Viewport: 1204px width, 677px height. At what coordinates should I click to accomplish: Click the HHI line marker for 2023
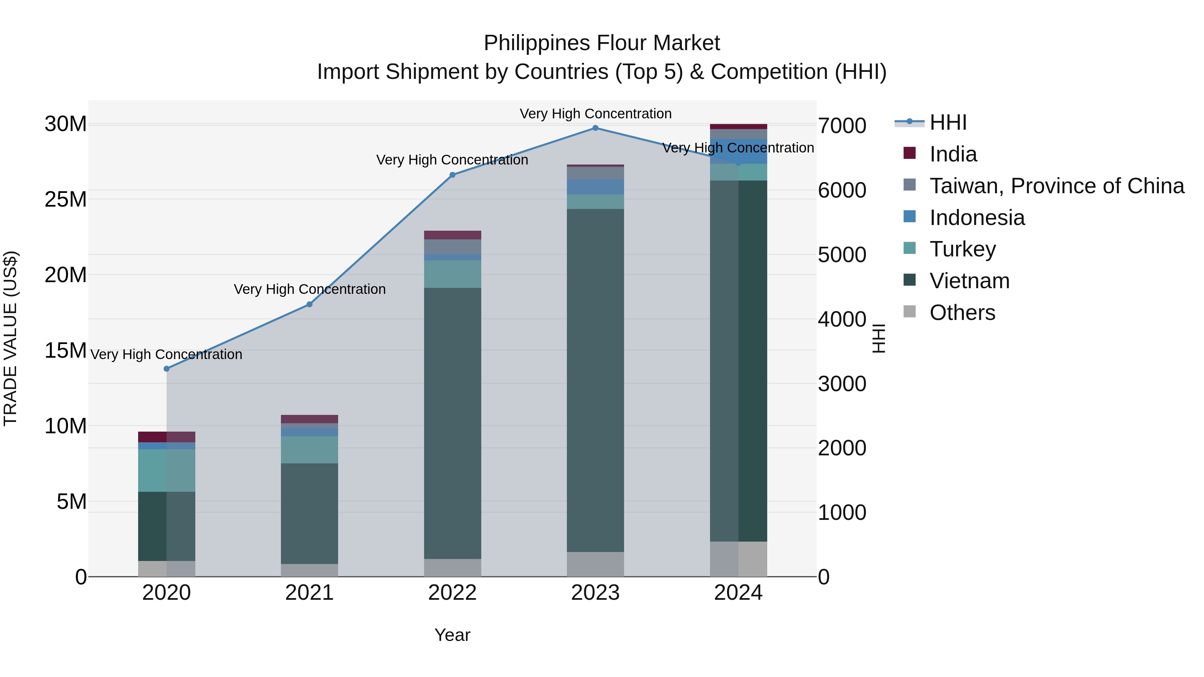(x=595, y=128)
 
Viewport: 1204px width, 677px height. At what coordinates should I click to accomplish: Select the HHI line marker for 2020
(x=167, y=369)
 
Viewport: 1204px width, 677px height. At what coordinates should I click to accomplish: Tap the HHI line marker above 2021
(x=309, y=304)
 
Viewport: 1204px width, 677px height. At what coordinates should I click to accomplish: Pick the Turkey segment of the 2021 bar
(x=309, y=449)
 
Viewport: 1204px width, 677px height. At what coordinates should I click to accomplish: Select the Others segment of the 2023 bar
(x=595, y=564)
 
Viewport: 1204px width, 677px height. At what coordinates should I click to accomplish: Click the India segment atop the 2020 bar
(x=167, y=437)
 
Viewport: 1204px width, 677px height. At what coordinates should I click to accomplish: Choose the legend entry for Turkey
(x=963, y=249)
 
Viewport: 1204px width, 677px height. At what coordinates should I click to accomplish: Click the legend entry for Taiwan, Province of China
(x=1056, y=186)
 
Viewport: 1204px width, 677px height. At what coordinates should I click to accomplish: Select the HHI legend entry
(x=948, y=122)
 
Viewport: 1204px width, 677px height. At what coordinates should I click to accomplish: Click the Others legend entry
(x=962, y=313)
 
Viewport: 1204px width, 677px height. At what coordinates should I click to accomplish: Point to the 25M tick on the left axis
(x=66, y=200)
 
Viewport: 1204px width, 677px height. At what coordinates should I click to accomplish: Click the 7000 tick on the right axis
(x=842, y=126)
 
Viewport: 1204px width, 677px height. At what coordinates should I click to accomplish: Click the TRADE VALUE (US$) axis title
(x=10, y=338)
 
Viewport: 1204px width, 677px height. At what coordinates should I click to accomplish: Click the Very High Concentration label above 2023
(x=595, y=114)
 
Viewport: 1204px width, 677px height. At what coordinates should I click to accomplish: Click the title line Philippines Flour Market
(x=602, y=43)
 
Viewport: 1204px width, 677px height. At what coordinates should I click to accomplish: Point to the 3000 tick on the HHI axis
(x=842, y=384)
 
